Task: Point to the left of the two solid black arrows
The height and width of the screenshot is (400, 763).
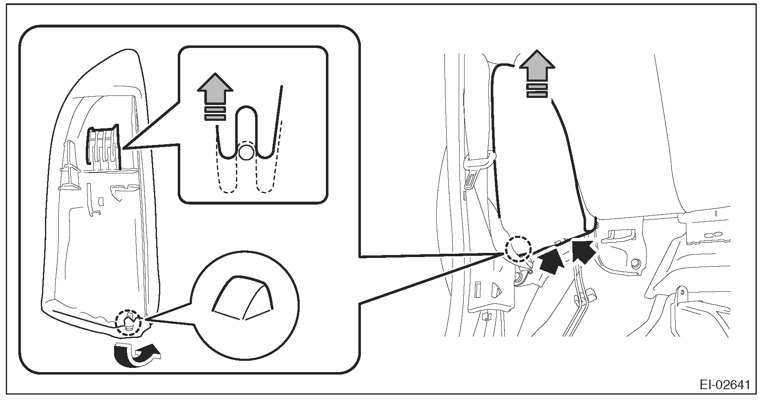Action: coord(551,260)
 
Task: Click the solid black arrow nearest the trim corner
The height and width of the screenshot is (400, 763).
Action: coord(584,250)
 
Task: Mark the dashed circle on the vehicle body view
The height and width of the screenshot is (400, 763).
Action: coord(518,249)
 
